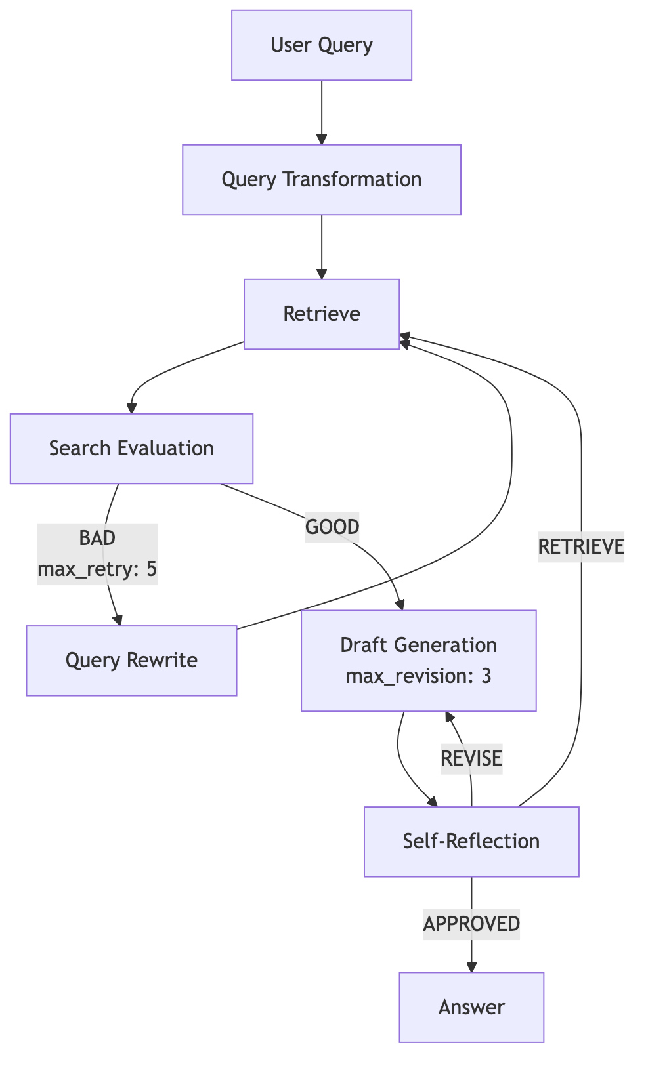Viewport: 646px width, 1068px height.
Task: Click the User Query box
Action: point(322,45)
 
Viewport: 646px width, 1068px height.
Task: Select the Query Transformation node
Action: point(322,180)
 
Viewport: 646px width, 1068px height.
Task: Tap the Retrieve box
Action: point(322,314)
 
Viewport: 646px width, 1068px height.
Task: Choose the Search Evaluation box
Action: point(131,449)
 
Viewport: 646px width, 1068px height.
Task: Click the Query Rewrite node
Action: point(131,661)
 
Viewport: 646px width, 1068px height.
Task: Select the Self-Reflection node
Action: point(471,842)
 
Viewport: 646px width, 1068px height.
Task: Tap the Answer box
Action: point(471,1007)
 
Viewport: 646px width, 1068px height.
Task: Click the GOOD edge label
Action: point(332,527)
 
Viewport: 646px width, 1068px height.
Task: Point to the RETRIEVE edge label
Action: point(581,546)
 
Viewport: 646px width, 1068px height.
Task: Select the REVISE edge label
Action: point(471,759)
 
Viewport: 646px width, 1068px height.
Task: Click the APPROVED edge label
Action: point(471,924)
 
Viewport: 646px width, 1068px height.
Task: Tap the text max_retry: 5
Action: point(97,569)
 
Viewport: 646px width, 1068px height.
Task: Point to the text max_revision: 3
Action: point(418,676)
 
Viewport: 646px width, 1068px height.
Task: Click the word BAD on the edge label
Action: point(97,538)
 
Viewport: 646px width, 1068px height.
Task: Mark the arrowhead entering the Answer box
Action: point(471,967)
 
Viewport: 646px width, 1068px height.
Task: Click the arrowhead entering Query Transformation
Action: point(322,139)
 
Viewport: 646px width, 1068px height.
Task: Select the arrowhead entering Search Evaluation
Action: point(131,408)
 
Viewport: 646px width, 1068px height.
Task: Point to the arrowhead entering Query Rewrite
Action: point(118,620)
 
